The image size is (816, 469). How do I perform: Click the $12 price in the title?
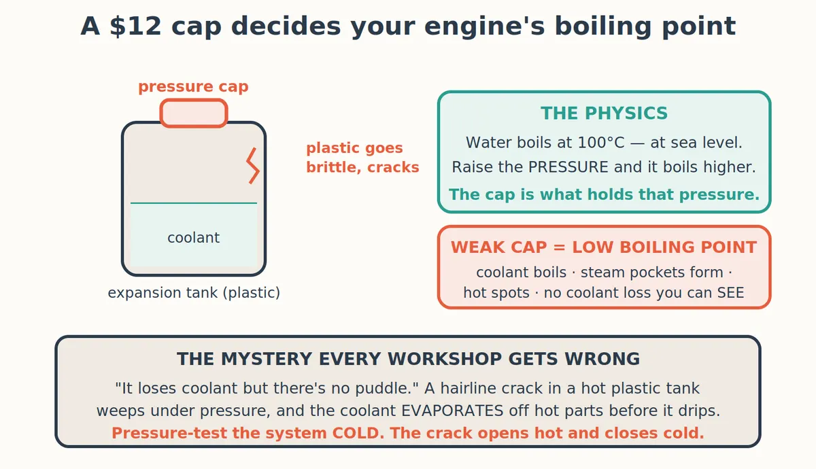pyautogui.click(x=135, y=27)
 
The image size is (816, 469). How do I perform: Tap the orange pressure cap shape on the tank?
pyautogui.click(x=194, y=114)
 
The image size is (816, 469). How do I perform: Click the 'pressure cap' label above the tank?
pyautogui.click(x=193, y=87)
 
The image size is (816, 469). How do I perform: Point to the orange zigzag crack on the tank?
pyautogui.click(x=253, y=166)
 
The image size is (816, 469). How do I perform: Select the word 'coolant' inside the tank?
pyautogui.click(x=193, y=238)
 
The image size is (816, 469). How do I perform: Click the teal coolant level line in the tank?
pyautogui.click(x=194, y=203)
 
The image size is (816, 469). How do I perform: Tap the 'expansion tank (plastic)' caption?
pyautogui.click(x=194, y=293)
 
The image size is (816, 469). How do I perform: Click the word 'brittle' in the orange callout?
pyautogui.click(x=334, y=167)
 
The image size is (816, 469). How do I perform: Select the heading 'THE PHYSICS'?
pyautogui.click(x=604, y=114)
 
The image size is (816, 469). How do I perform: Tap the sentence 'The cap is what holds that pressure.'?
pyautogui.click(x=604, y=194)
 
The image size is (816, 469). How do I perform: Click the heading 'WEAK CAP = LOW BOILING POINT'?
pyautogui.click(x=604, y=247)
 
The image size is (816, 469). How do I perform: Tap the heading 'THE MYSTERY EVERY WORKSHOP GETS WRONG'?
pyautogui.click(x=409, y=359)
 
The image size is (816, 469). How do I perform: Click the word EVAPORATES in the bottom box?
pyautogui.click(x=452, y=411)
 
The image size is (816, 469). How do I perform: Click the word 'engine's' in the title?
pyautogui.click(x=484, y=27)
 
